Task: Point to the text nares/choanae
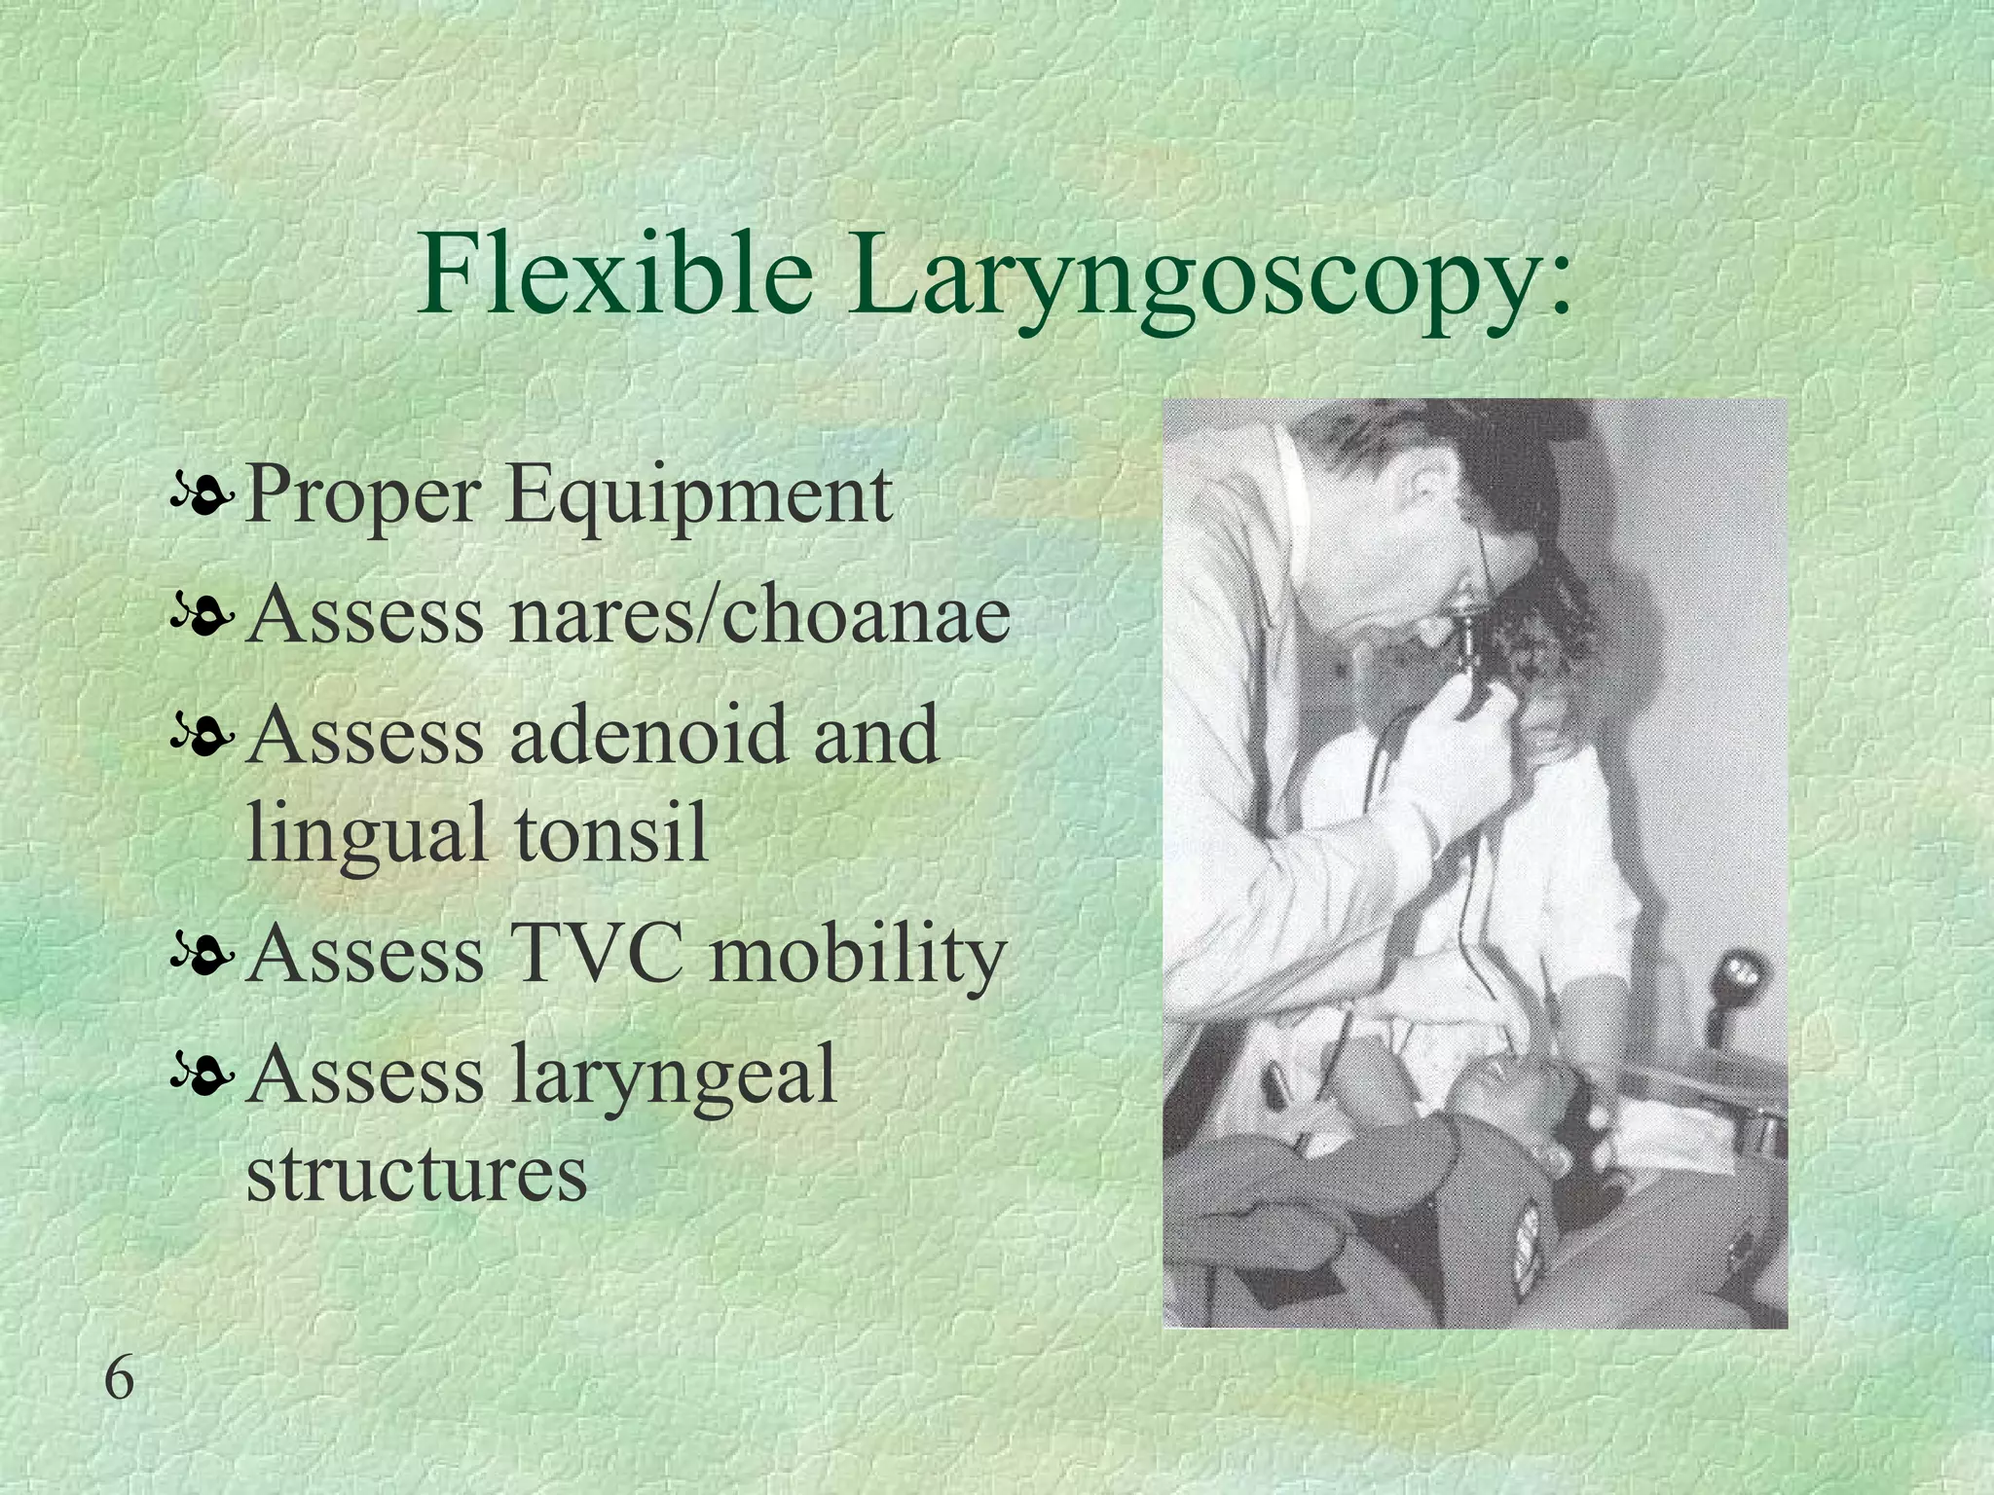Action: [758, 615]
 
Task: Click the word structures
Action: [417, 1174]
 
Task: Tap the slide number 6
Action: [119, 1380]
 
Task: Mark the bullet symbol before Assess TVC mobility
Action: [201, 958]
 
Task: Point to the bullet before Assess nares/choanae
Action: [201, 619]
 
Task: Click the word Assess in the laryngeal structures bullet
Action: [366, 1074]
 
